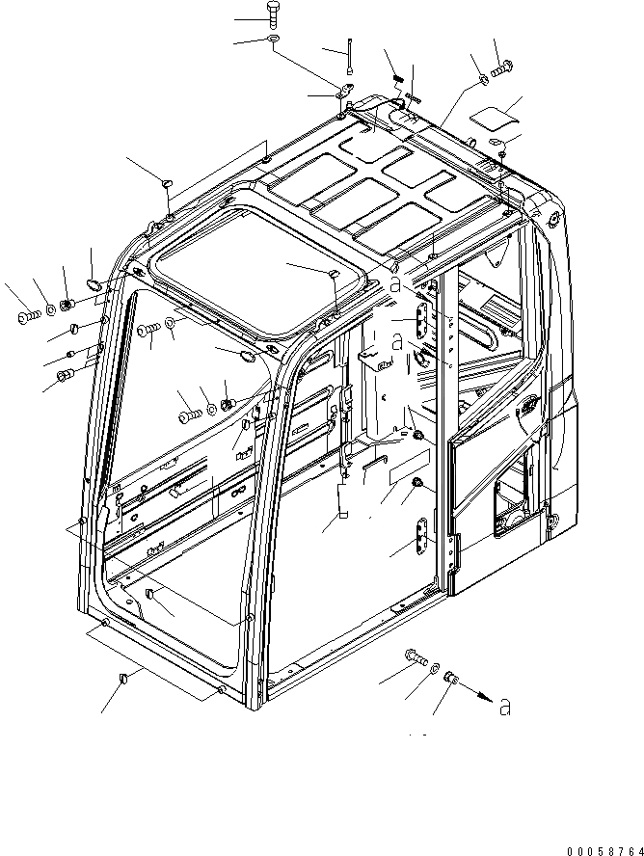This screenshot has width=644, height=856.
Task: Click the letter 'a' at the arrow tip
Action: tap(503, 709)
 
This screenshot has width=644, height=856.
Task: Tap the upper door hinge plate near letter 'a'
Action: tap(422, 319)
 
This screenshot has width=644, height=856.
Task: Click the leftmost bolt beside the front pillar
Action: tap(25, 314)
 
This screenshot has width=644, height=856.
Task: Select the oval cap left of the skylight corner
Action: tap(94, 283)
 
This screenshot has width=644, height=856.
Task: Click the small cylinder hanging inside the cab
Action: tap(341, 502)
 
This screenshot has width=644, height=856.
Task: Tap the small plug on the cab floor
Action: tap(150, 590)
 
